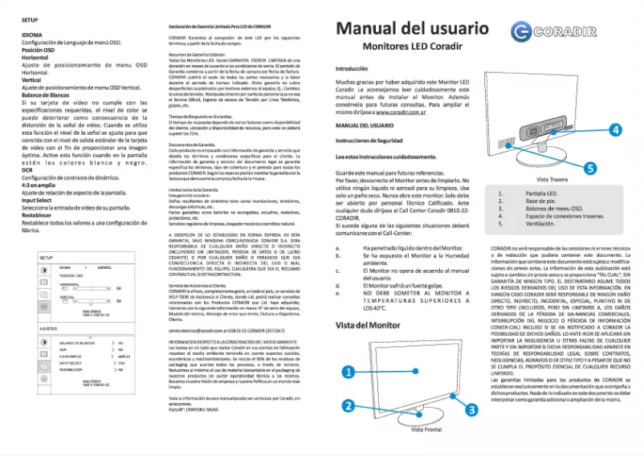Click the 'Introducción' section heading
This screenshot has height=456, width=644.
pos(351,69)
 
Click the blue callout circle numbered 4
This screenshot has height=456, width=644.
pos(615,129)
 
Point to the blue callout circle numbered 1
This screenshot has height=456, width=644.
pos(348,372)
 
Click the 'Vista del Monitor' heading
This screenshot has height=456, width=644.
pos(367,325)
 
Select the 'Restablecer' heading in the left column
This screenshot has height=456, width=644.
pos(38,215)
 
